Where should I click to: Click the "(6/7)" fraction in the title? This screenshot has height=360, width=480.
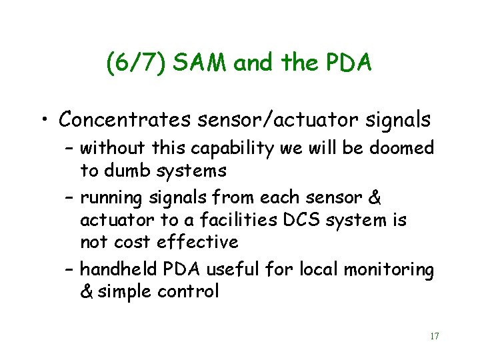point(136,63)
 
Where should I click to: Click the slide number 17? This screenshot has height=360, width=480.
point(434,336)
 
